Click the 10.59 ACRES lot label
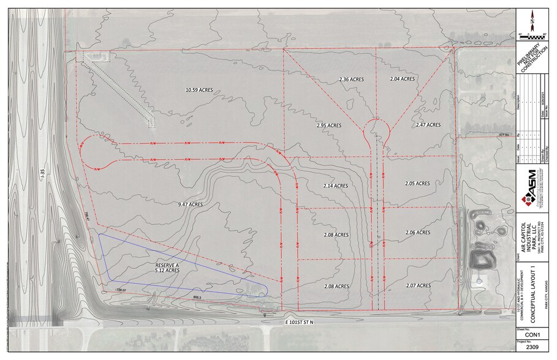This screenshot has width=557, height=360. [x=199, y=90]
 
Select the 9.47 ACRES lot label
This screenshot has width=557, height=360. [x=189, y=204]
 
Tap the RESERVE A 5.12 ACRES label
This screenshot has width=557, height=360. [x=167, y=267]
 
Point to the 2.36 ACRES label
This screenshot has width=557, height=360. [x=352, y=79]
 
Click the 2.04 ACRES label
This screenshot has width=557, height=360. [x=402, y=79]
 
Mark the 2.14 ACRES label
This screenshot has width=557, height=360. [x=335, y=186]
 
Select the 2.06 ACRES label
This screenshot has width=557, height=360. [x=417, y=233]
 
